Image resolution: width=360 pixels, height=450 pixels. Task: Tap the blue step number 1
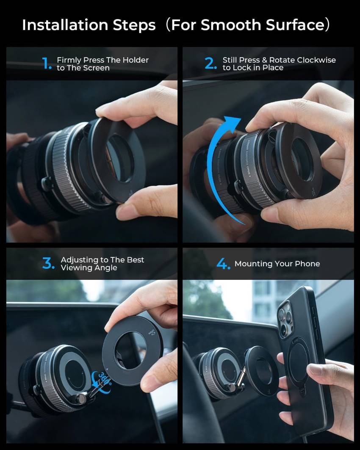click(47, 64)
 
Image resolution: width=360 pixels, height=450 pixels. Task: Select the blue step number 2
click(210, 63)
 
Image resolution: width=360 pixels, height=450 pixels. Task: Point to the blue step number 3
click(48, 264)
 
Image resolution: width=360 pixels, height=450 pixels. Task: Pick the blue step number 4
click(223, 264)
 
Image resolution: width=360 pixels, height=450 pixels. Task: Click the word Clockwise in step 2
click(316, 60)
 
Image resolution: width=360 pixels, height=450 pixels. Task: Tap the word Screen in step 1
click(97, 68)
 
